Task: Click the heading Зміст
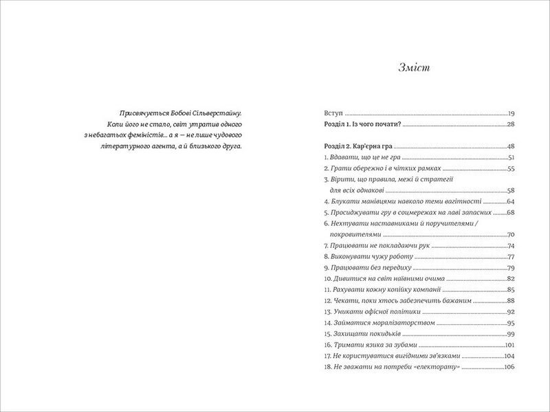[x=414, y=67]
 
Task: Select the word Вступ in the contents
[x=332, y=112]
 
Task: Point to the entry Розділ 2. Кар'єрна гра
[x=357, y=147]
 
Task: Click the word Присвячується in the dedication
[x=141, y=112]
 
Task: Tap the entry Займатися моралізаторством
[x=378, y=323]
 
